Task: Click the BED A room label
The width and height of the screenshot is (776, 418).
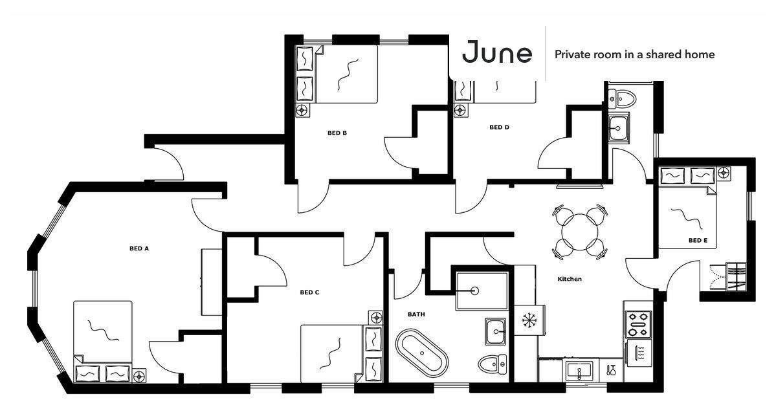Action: click(139, 248)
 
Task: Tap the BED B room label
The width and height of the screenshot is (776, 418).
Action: click(337, 133)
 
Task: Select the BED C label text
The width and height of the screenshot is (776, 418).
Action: click(309, 292)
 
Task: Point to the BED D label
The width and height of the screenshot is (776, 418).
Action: click(499, 127)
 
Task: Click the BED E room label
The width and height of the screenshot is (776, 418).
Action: click(698, 241)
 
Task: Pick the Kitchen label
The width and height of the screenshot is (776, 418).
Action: click(570, 279)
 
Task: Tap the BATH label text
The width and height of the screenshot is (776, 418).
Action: click(416, 314)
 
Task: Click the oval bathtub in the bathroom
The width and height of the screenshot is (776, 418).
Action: click(421, 353)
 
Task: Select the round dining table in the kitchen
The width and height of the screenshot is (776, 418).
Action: click(581, 231)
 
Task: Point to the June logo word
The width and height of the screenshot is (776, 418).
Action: click(498, 53)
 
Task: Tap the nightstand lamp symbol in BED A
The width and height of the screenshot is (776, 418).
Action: click(139, 376)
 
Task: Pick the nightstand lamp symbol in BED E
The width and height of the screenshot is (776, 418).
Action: click(724, 173)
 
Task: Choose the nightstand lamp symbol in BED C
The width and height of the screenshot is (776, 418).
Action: click(376, 317)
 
